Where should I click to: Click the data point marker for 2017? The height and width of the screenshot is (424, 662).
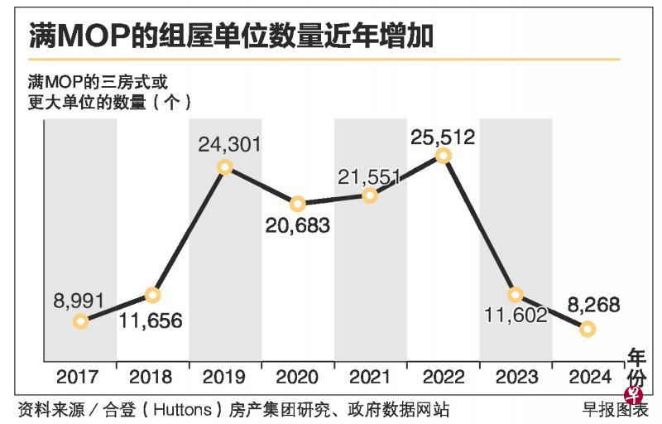pos(80,321)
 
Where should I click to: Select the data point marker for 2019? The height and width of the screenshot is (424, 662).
pos(225,167)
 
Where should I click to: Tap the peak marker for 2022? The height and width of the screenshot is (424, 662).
pos(444,155)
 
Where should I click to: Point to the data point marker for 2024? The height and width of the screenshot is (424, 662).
pos(588,329)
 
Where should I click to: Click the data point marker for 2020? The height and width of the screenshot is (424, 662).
pos(298,204)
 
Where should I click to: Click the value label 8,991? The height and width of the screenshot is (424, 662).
pos(79,297)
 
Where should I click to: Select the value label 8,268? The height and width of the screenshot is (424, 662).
pos(588,305)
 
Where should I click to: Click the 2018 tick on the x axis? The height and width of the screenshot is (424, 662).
pos(152,377)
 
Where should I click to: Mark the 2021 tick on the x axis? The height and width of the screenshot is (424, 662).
pos(370,377)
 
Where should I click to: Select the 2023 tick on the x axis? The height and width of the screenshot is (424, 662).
pos(516,377)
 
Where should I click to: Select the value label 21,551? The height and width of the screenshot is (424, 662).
pos(370,176)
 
